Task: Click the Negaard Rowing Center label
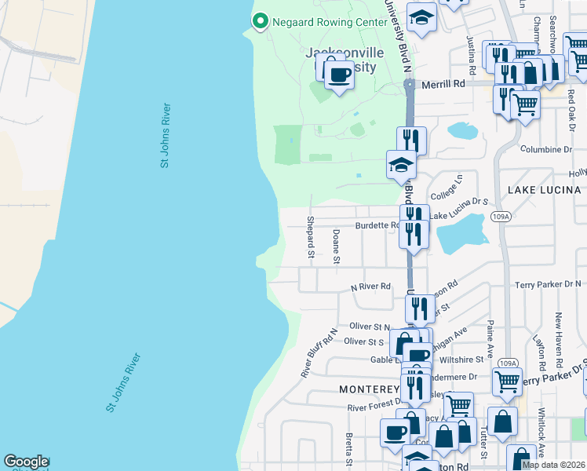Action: (330, 21)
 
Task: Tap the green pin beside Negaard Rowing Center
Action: (261, 21)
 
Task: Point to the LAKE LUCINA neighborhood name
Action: (544, 190)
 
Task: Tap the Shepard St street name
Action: (311, 237)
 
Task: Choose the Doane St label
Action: (336, 246)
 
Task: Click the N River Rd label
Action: (370, 287)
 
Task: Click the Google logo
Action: (26, 462)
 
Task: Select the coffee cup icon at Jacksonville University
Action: (339, 75)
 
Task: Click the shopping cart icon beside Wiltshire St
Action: (507, 382)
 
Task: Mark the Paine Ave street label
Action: (489, 335)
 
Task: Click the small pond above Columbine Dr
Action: (463, 130)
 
